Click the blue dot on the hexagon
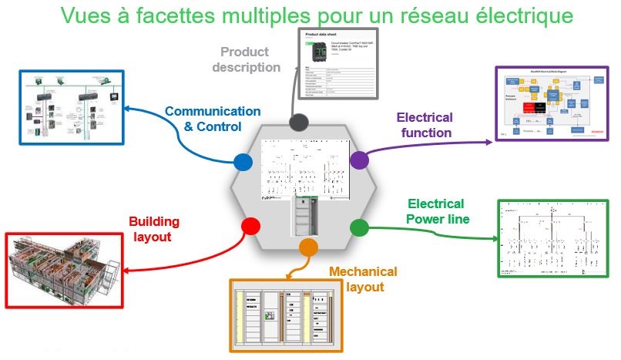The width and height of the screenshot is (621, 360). (x=243, y=162)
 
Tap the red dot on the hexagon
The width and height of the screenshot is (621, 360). (x=250, y=226)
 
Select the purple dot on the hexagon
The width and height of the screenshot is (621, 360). (x=359, y=160)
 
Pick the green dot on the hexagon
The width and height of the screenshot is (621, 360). (x=360, y=227)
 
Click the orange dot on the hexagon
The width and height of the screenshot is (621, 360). (x=307, y=247)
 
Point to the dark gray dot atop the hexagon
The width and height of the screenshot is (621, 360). (x=298, y=123)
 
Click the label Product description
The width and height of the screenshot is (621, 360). (x=245, y=60)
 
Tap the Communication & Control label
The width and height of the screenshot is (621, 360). (x=202, y=119)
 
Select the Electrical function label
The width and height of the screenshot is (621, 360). (x=424, y=125)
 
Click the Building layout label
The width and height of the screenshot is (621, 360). (x=154, y=230)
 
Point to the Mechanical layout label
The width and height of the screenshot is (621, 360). (x=363, y=279)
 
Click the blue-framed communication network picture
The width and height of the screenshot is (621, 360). (x=70, y=106)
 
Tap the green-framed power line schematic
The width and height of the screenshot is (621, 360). (x=552, y=237)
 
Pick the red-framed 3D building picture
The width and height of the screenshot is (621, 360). (x=62, y=269)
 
